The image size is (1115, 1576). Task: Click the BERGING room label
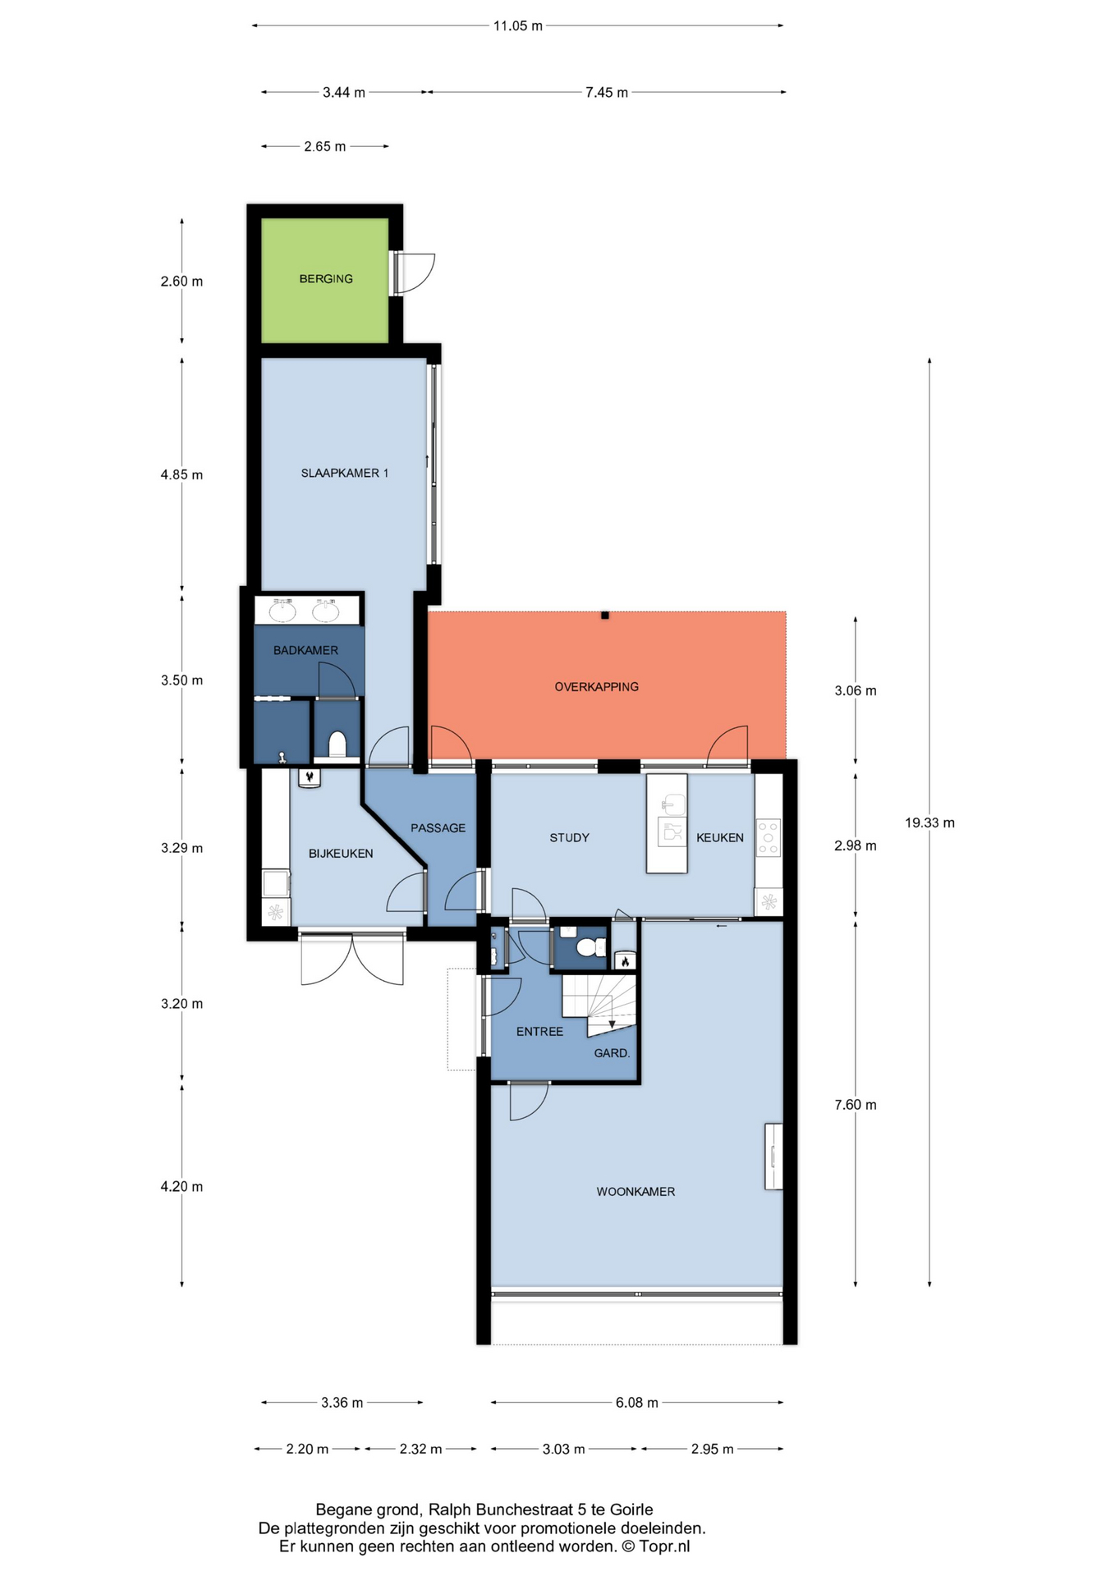click(x=326, y=279)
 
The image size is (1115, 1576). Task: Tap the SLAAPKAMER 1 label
click(x=345, y=473)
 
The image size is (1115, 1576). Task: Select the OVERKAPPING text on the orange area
click(x=596, y=687)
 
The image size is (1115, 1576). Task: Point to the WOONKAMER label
click(x=636, y=1192)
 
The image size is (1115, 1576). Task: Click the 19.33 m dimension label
click(x=929, y=822)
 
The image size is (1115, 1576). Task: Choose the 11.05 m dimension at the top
click(x=517, y=25)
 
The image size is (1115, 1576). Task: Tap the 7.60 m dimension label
click(x=856, y=1105)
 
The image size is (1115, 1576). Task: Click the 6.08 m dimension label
click(x=637, y=1403)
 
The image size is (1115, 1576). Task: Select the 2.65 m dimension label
click(x=325, y=146)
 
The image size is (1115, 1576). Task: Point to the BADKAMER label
click(x=305, y=650)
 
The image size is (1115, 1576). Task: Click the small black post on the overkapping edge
click(x=605, y=615)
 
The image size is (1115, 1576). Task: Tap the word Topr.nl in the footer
click(x=664, y=1547)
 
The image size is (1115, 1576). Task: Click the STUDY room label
click(x=569, y=838)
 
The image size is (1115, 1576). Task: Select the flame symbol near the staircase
click(x=625, y=961)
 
